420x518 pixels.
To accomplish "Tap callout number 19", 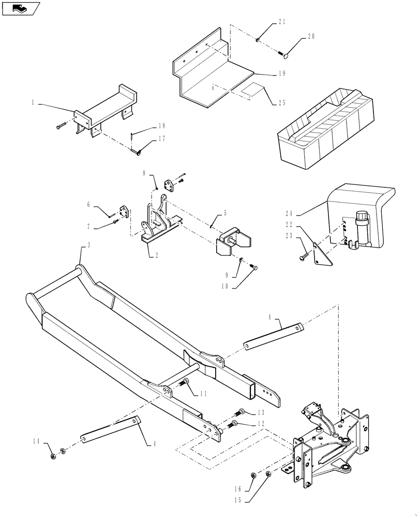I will tap(282, 74).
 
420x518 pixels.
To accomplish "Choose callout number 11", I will tap(203, 394).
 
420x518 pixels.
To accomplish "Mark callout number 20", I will tap(311, 37).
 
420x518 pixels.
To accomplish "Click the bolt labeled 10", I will tap(253, 267).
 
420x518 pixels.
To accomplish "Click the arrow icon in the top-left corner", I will tap(20, 8).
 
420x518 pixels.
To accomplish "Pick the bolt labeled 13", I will tap(241, 413).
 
